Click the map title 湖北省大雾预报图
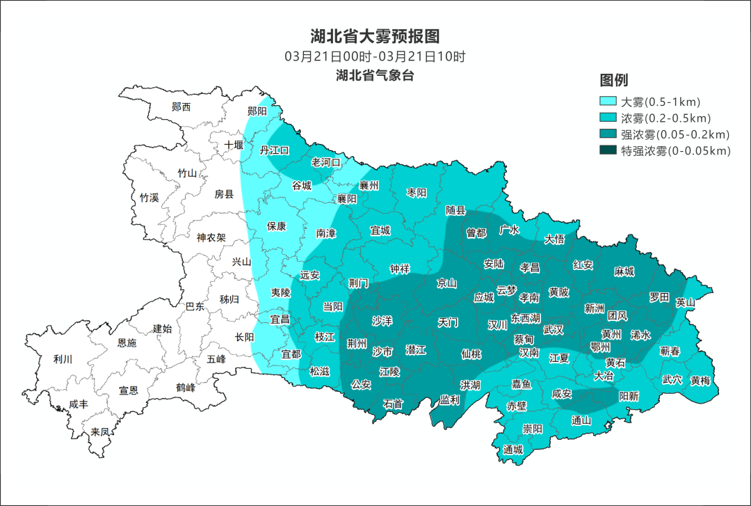(x=375, y=36)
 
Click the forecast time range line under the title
(x=375, y=56)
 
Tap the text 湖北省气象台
(x=375, y=76)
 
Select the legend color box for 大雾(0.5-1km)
(x=608, y=101)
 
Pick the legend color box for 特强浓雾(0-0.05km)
(x=608, y=150)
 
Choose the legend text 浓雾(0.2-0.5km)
(x=665, y=118)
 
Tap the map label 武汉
(x=554, y=329)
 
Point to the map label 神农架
(x=211, y=237)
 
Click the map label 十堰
(x=234, y=145)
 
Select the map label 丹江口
(x=274, y=150)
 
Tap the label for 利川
(x=63, y=359)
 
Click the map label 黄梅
(x=700, y=381)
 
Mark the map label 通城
(x=513, y=450)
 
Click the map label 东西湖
(x=526, y=317)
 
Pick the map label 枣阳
(x=417, y=193)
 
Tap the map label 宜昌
(x=280, y=319)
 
